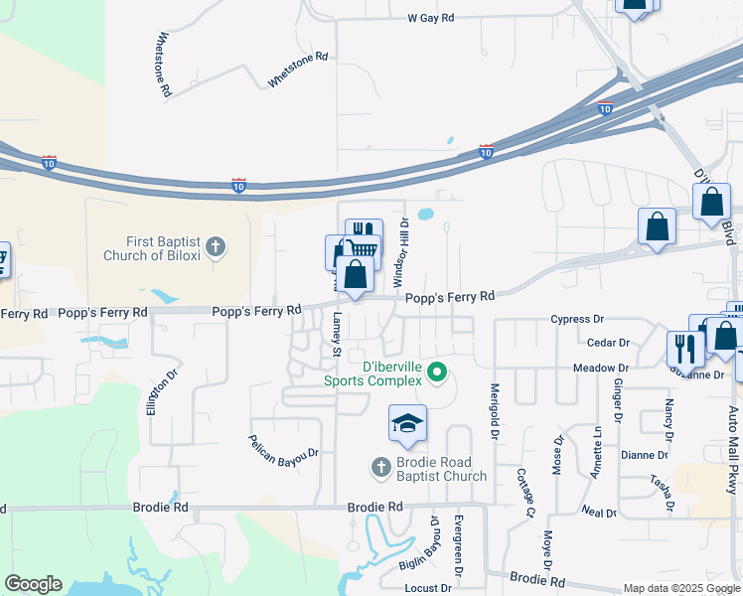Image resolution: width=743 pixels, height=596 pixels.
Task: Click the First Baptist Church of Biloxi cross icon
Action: [x=217, y=245]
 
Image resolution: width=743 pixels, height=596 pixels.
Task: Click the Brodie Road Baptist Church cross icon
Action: [x=379, y=466]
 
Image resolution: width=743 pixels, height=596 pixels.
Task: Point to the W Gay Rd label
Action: [x=430, y=18]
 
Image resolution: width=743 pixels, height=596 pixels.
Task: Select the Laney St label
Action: [x=337, y=335]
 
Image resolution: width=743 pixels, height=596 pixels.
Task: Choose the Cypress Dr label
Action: [x=578, y=320]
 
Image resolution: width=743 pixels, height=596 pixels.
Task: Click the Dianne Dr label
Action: [x=644, y=455]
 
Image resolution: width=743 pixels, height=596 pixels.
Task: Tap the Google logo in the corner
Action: [x=33, y=584]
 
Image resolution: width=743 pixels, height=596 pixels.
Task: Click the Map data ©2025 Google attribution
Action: [x=681, y=588]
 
